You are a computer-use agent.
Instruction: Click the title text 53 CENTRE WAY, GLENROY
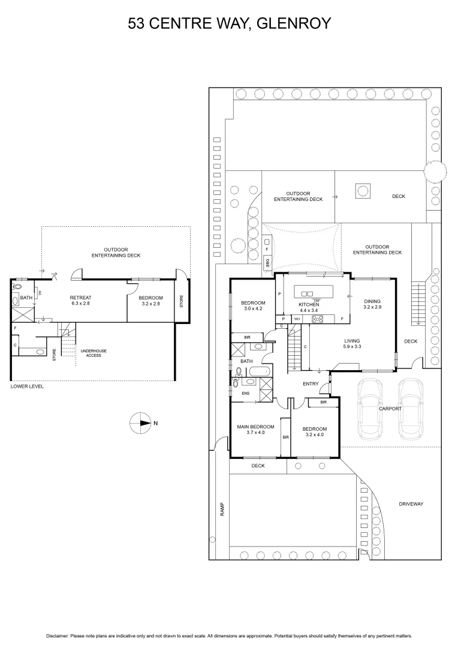point(230,23)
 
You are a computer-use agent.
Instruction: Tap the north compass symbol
point(140,423)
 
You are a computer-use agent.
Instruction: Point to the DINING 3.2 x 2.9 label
point(372,304)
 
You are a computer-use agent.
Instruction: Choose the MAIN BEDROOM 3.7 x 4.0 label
point(255,430)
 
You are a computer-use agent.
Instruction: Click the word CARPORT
point(390,409)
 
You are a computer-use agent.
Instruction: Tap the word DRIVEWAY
point(411,504)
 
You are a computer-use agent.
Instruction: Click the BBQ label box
point(267,262)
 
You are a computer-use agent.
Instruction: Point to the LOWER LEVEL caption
point(27,387)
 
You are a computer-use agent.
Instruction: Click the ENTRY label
point(311,384)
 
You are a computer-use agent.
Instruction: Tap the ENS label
point(245,394)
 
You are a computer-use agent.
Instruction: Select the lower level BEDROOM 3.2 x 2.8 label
point(150,301)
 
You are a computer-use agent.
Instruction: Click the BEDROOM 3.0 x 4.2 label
point(252,305)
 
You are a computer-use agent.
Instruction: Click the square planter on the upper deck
point(363,191)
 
